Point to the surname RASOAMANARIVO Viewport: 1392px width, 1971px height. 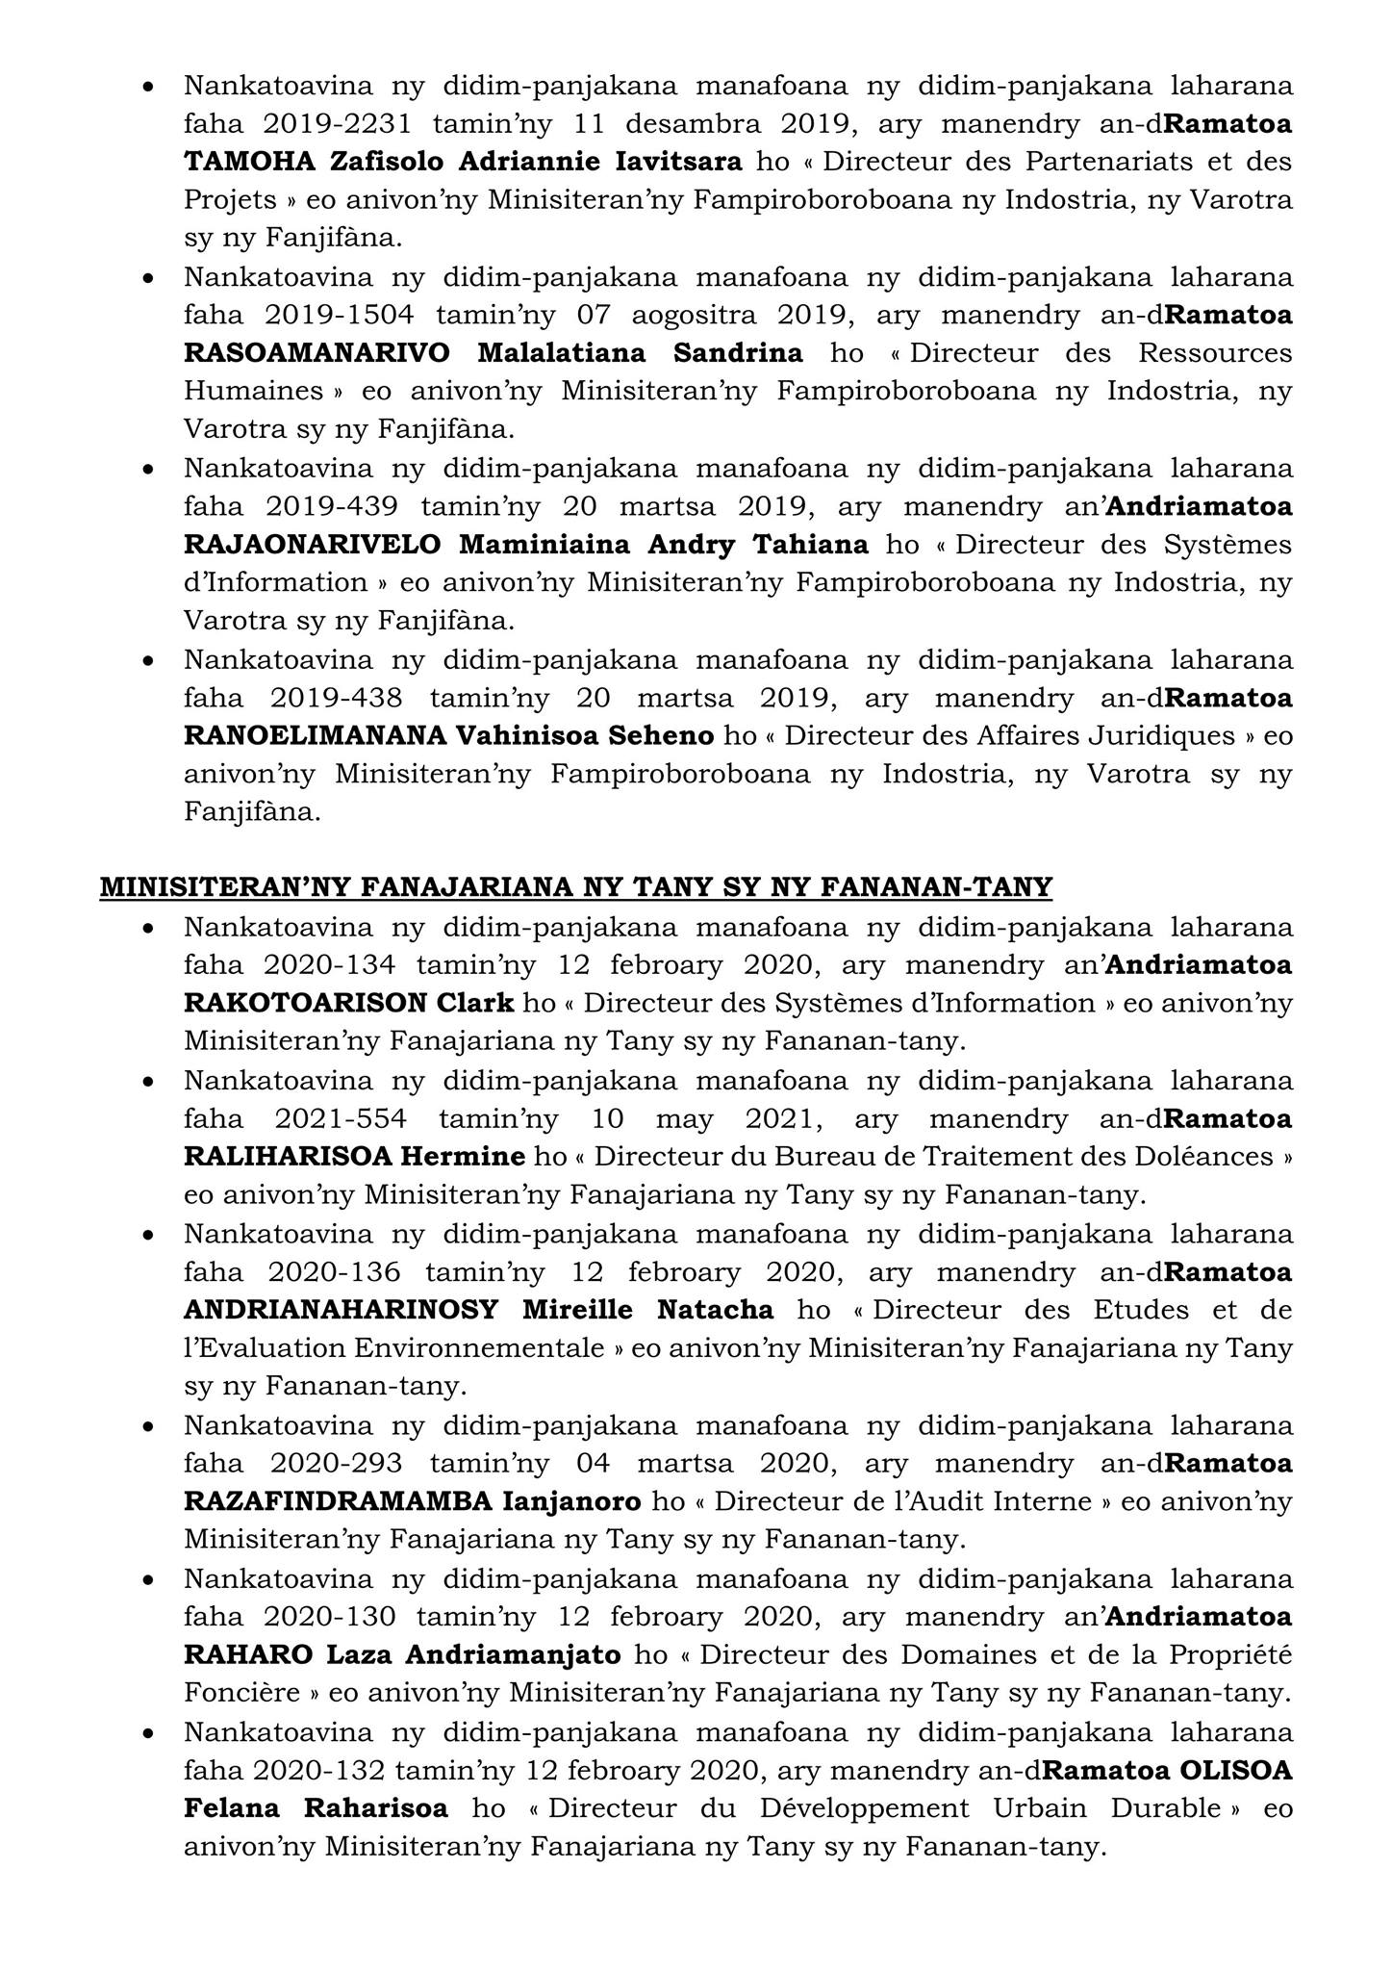click(316, 354)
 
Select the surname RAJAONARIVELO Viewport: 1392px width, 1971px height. click(313, 546)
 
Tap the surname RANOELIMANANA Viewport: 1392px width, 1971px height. click(315, 736)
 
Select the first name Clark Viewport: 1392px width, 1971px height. click(475, 1004)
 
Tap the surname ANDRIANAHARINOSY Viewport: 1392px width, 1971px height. click(341, 1311)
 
